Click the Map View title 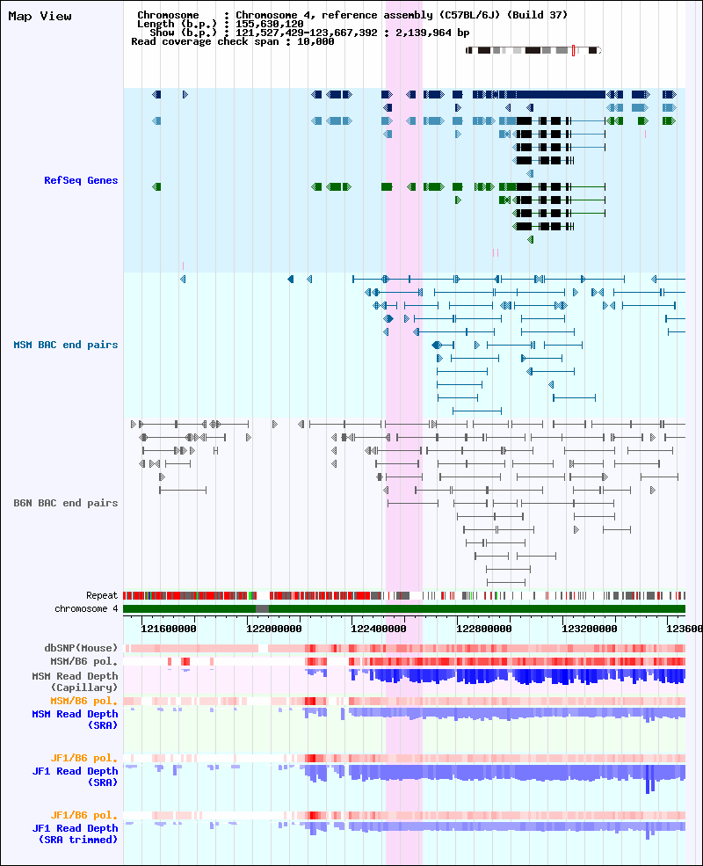40,17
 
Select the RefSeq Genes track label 81,180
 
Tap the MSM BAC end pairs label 66,346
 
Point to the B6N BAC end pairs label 66,503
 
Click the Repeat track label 102,595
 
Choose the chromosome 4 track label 86,608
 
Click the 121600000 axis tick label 169,629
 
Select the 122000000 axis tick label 273,629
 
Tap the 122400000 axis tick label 379,629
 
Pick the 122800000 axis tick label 484,629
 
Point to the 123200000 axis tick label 590,629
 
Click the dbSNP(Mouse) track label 81,648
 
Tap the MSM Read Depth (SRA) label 75,720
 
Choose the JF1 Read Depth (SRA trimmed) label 75,834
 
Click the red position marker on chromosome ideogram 573,51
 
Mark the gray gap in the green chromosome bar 262,608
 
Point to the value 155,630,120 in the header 269,24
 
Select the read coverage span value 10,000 315,41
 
